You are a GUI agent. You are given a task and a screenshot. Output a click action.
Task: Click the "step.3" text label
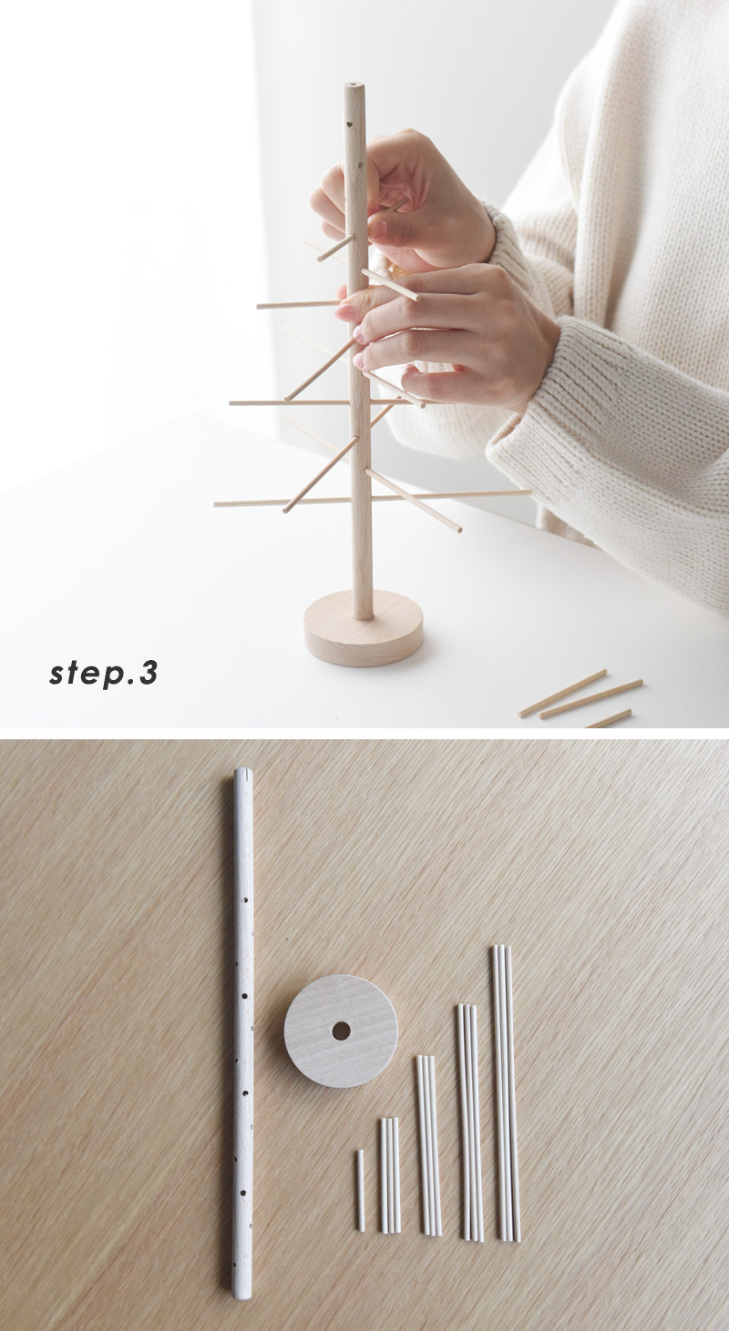[x=104, y=674]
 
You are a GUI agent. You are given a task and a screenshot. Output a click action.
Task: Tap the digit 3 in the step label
[x=149, y=672]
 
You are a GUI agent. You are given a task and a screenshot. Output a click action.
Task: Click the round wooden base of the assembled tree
[x=364, y=627]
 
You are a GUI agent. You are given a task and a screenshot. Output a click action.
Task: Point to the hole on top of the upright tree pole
[x=354, y=86]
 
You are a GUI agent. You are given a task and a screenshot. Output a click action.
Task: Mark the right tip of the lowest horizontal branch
[x=529, y=492]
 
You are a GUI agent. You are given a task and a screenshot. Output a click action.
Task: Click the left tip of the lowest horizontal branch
[x=216, y=504]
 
